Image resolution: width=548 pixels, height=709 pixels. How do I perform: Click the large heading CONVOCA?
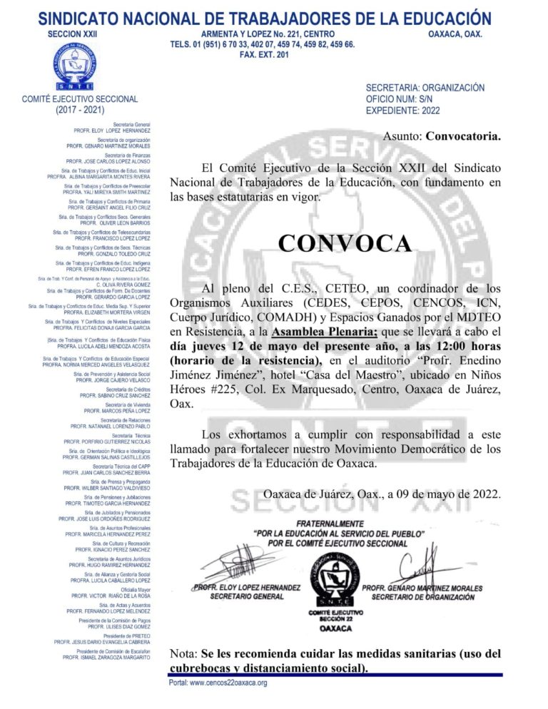click(x=345, y=243)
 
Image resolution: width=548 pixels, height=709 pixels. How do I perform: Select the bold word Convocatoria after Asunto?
click(x=462, y=136)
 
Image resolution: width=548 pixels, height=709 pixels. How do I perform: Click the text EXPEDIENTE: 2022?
click(x=402, y=111)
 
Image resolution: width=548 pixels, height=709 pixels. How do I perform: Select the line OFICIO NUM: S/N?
click(x=401, y=99)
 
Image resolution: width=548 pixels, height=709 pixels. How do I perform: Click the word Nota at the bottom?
click(x=183, y=653)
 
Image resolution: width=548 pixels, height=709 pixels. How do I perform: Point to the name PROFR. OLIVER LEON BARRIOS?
click(x=115, y=223)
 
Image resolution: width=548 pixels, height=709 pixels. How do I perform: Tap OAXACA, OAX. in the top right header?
click(x=455, y=34)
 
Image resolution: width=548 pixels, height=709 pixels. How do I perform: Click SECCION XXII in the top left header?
click(x=72, y=34)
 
